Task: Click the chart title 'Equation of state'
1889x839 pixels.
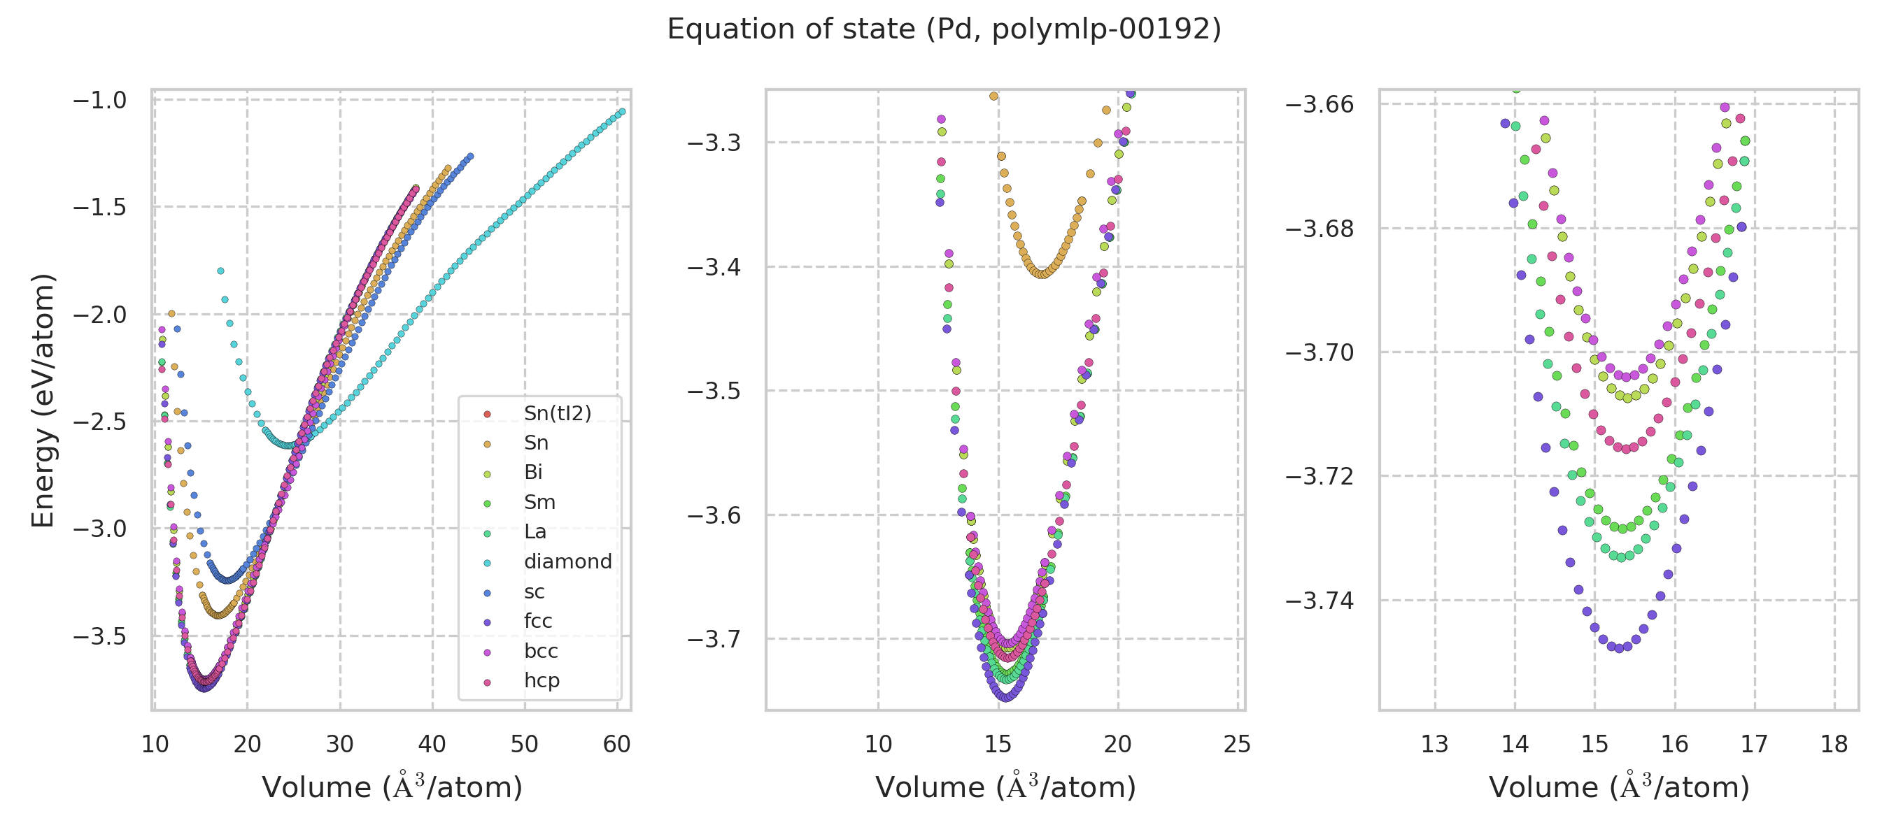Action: coord(944,29)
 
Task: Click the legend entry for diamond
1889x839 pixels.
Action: coord(567,561)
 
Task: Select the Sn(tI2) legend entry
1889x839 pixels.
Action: coord(558,413)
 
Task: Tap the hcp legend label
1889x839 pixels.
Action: coord(542,680)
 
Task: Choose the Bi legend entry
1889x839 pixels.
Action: coord(533,472)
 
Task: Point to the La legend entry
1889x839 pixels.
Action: coord(535,531)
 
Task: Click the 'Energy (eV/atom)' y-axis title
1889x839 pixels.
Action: coord(43,400)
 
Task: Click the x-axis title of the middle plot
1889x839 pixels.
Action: coord(1005,787)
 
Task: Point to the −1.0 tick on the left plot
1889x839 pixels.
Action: coord(100,100)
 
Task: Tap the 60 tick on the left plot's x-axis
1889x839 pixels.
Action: coord(616,745)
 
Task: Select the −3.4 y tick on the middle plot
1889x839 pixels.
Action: coord(714,266)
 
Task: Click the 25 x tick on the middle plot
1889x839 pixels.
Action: coord(1237,745)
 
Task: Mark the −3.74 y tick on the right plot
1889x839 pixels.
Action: coord(1320,601)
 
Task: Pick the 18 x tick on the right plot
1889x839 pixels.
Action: coord(1834,745)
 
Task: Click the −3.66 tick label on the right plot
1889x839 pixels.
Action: coord(1320,104)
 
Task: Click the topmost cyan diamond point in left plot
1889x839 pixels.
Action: coord(220,271)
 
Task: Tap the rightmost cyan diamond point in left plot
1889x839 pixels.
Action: coord(622,111)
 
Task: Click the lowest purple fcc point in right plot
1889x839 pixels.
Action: coord(1620,649)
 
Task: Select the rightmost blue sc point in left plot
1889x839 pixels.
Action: coord(470,156)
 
